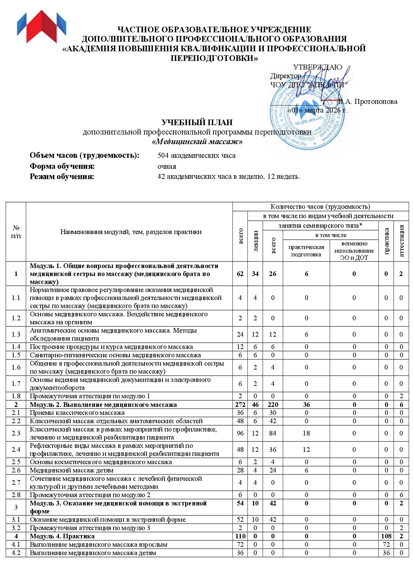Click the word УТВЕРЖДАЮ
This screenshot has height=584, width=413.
pos(317,67)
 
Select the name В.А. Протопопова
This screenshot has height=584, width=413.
pos(368,102)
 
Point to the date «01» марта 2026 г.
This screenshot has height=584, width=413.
pos(317,110)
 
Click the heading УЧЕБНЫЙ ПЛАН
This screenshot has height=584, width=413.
pos(197,123)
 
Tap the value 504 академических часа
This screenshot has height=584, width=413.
pos(196,155)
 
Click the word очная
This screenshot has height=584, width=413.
pos(167,166)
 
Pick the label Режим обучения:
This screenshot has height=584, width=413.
pos(62,176)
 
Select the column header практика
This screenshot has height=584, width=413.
pos(386,241)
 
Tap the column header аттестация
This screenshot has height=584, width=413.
pos(401,241)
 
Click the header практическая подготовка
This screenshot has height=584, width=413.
pos(306,251)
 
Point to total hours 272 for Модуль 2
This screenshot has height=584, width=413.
pos(240,405)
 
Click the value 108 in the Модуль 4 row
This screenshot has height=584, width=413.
pos(386,536)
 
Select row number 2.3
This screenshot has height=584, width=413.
pos(16,433)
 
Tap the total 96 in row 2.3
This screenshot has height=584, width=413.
pos(240,433)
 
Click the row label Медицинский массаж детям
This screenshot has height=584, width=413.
pos(72,470)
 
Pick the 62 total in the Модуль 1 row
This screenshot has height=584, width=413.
pos(240,274)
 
